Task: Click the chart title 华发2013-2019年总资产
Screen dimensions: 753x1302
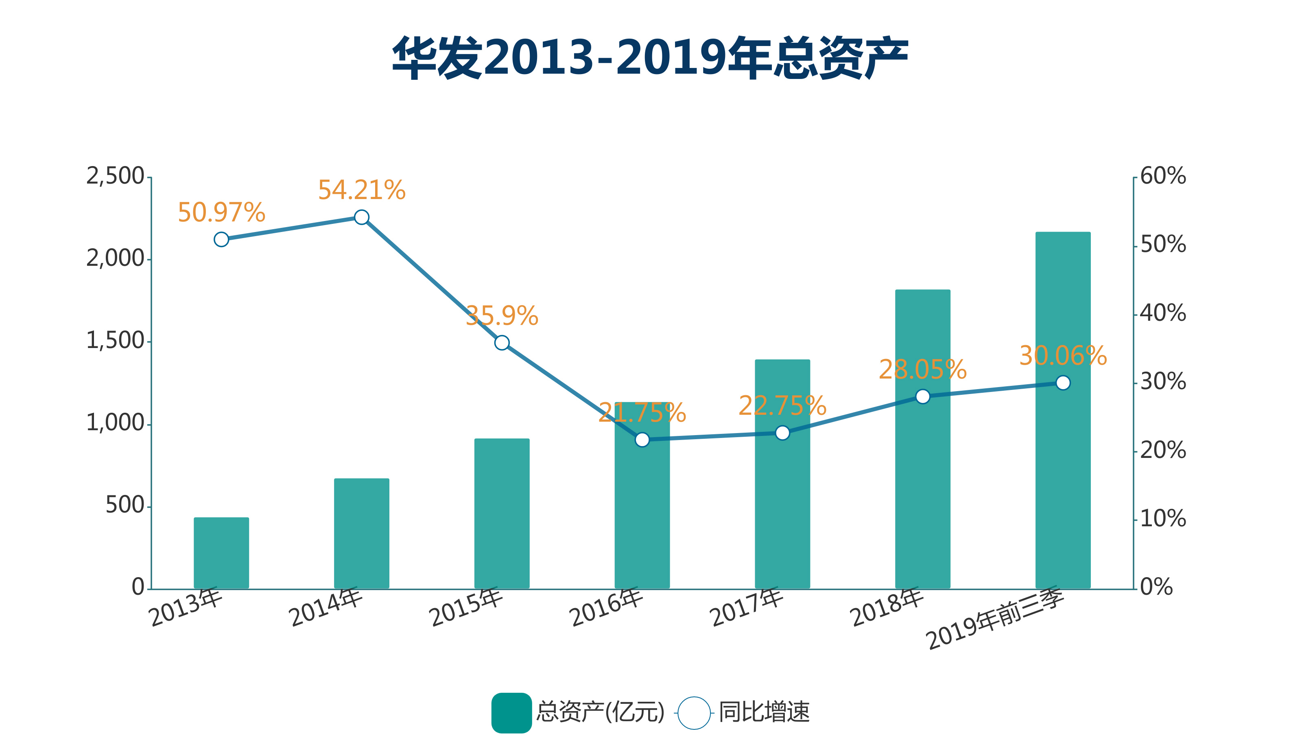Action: (x=650, y=57)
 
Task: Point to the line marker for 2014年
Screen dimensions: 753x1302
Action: (x=362, y=217)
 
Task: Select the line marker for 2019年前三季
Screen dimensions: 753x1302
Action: (x=1063, y=383)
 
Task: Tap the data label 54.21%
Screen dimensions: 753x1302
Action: (x=362, y=190)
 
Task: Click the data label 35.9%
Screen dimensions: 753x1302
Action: (x=502, y=316)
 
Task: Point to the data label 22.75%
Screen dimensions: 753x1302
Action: (x=782, y=406)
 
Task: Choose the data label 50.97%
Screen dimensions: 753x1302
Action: (x=221, y=213)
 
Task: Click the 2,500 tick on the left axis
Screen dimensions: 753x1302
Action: (x=115, y=176)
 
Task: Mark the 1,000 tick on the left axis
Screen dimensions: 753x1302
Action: (x=115, y=423)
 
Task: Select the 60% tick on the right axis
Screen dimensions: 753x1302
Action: (x=1162, y=176)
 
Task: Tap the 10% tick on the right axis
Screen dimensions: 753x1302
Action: (x=1162, y=519)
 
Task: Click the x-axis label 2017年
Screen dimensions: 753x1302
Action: (x=747, y=607)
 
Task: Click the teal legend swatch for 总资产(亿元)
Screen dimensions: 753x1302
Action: (x=511, y=713)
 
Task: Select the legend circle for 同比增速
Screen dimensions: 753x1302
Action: (x=694, y=713)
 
